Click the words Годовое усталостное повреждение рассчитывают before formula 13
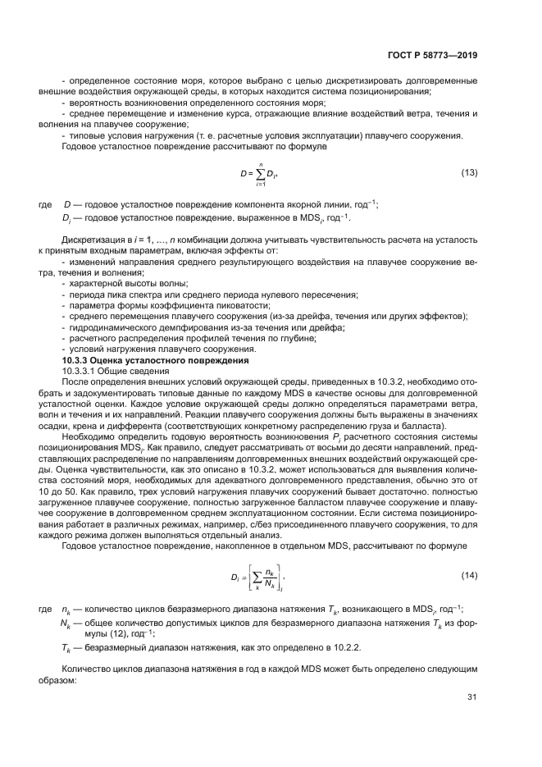[156, 145]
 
